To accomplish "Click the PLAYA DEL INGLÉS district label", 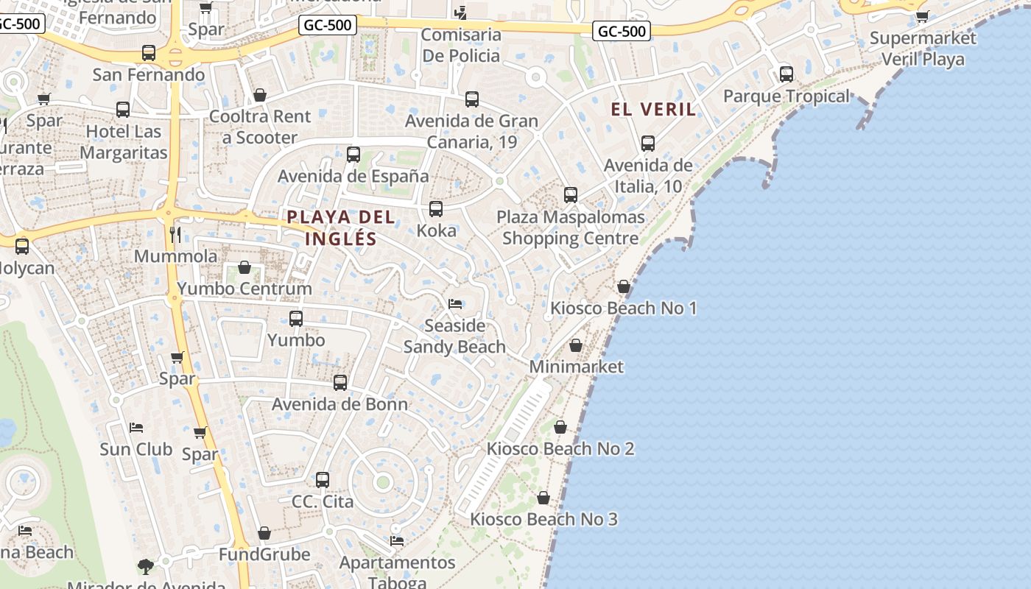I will pyautogui.click(x=340, y=228).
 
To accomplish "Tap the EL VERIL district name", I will pyautogui.click(x=653, y=110).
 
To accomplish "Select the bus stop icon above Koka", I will pyautogui.click(x=436, y=209).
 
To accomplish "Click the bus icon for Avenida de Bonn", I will pyautogui.click(x=339, y=383).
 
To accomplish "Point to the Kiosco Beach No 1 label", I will pyautogui.click(x=624, y=308).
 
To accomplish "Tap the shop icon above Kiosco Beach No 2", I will pyautogui.click(x=560, y=427).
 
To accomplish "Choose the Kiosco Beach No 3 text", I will pyautogui.click(x=543, y=519).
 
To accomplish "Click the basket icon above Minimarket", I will pyautogui.click(x=576, y=345).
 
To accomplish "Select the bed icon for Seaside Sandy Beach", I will pyautogui.click(x=455, y=304).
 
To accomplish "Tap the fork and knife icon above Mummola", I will pyautogui.click(x=175, y=235).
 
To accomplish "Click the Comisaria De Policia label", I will pyautogui.click(x=461, y=45).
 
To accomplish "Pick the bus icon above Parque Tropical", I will pyautogui.click(x=787, y=74).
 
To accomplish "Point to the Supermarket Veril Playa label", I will pyautogui.click(x=923, y=49).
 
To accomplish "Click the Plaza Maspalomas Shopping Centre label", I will pyautogui.click(x=570, y=228).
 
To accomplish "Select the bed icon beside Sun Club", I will pyautogui.click(x=136, y=427).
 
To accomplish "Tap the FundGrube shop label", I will pyautogui.click(x=264, y=554).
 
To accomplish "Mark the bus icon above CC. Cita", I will pyautogui.click(x=323, y=480).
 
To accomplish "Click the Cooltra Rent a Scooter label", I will pyautogui.click(x=260, y=127).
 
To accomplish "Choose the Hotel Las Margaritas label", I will pyautogui.click(x=124, y=142).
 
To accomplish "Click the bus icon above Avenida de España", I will pyautogui.click(x=353, y=155).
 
